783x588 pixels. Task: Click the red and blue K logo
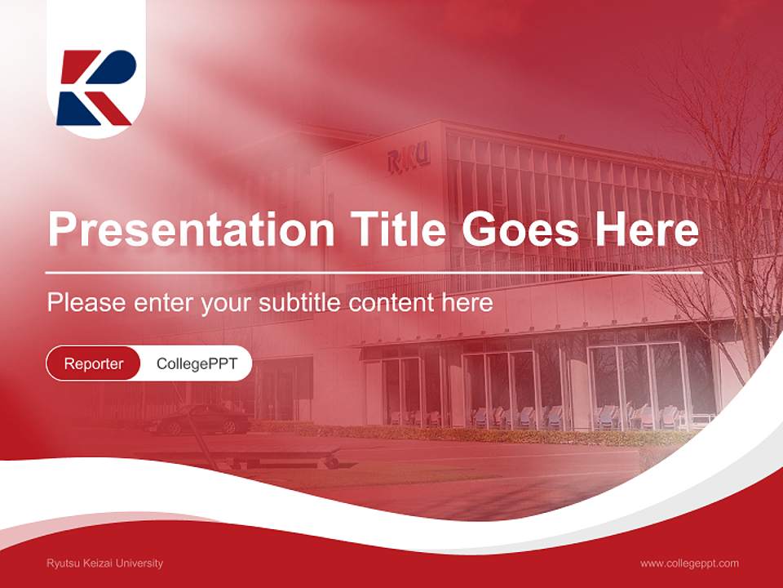pyautogui.click(x=96, y=87)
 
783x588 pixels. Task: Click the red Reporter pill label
pyautogui.click(x=93, y=363)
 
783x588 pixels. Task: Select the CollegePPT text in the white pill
pyautogui.click(x=196, y=363)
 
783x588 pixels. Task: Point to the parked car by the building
pyautogui.click(x=200, y=420)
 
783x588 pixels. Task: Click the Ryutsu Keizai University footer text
pyautogui.click(x=104, y=563)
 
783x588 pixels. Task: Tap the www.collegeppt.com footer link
pyautogui.click(x=689, y=563)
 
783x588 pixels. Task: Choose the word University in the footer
pyautogui.click(x=140, y=563)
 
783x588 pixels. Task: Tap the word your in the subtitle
pyautogui.click(x=227, y=303)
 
